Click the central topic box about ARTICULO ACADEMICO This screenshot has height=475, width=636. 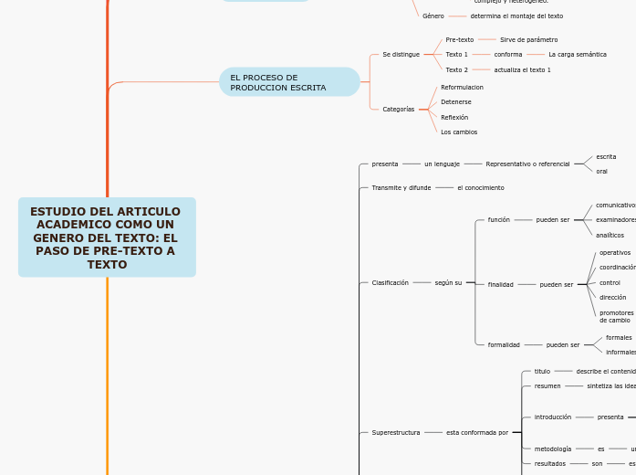[x=107, y=237]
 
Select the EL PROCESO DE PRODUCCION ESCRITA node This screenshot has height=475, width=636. [x=289, y=82]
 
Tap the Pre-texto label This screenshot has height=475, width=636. [x=460, y=40]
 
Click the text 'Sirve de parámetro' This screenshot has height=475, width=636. [x=528, y=40]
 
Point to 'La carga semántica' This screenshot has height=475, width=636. [x=578, y=55]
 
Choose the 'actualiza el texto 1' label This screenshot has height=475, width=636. [x=522, y=69]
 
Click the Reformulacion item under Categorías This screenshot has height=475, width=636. [x=462, y=87]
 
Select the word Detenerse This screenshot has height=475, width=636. [x=456, y=102]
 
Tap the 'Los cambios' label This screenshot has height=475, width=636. [x=459, y=132]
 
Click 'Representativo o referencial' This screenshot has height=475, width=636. [x=527, y=164]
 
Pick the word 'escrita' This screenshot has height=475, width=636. [x=606, y=157]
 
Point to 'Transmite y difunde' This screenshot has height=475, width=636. [x=401, y=187]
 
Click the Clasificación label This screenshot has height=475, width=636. [x=391, y=283]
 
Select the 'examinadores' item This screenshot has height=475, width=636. [x=615, y=220]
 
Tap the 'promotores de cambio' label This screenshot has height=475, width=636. [x=616, y=316]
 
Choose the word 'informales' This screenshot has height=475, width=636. [x=620, y=352]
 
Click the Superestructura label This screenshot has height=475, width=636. [x=396, y=431]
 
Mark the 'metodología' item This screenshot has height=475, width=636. [x=553, y=449]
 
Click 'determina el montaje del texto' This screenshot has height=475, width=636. [x=516, y=16]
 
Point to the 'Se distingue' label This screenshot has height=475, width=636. [x=401, y=55]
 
